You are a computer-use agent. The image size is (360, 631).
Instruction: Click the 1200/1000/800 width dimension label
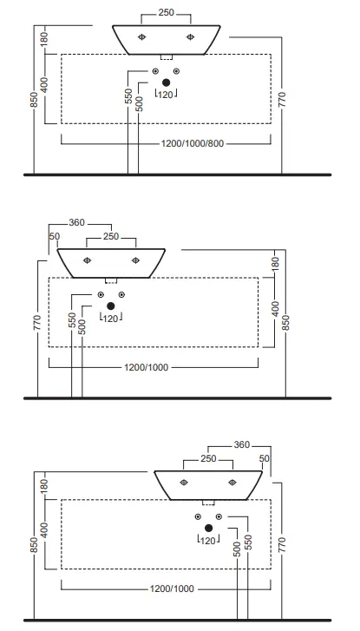(x=193, y=144)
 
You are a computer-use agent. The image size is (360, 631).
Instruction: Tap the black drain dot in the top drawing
(x=167, y=82)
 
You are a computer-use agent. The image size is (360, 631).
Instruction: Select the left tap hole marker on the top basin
(x=141, y=37)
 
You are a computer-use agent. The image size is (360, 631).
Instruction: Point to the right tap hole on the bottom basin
(x=232, y=483)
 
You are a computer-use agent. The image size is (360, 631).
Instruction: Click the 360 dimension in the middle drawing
(x=76, y=222)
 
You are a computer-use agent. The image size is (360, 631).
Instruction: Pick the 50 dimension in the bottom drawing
(x=265, y=459)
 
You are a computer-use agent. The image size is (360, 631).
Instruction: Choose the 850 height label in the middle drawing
(x=286, y=323)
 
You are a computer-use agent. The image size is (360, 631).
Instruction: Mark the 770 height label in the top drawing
(x=282, y=100)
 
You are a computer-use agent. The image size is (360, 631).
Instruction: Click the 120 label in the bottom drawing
(x=208, y=542)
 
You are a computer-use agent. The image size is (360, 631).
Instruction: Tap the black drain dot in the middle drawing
(x=111, y=306)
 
